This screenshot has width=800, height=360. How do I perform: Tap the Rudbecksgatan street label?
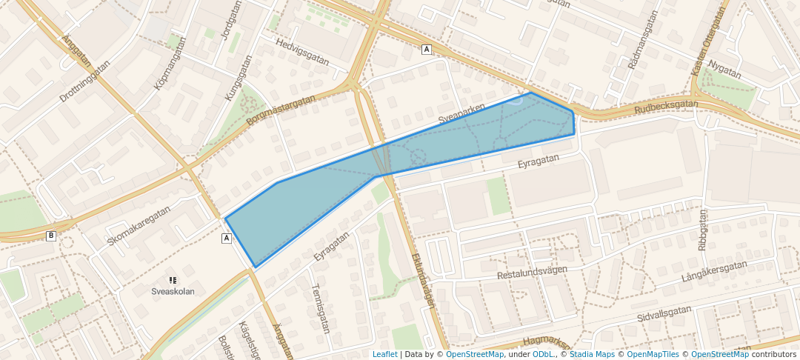tap(666, 107)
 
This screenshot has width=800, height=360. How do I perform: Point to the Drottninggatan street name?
tap(84, 81)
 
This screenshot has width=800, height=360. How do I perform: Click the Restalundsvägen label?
tap(533, 272)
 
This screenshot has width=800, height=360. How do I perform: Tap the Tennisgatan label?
tap(319, 308)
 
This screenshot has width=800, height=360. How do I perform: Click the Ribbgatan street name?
tap(702, 229)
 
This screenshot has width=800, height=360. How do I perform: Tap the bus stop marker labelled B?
tap(51, 236)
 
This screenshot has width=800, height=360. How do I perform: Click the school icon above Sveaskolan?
tap(173, 280)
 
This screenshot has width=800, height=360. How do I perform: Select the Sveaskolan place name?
tap(173, 291)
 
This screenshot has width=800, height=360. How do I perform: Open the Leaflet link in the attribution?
tap(384, 354)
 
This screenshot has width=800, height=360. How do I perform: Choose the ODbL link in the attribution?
tap(544, 354)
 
